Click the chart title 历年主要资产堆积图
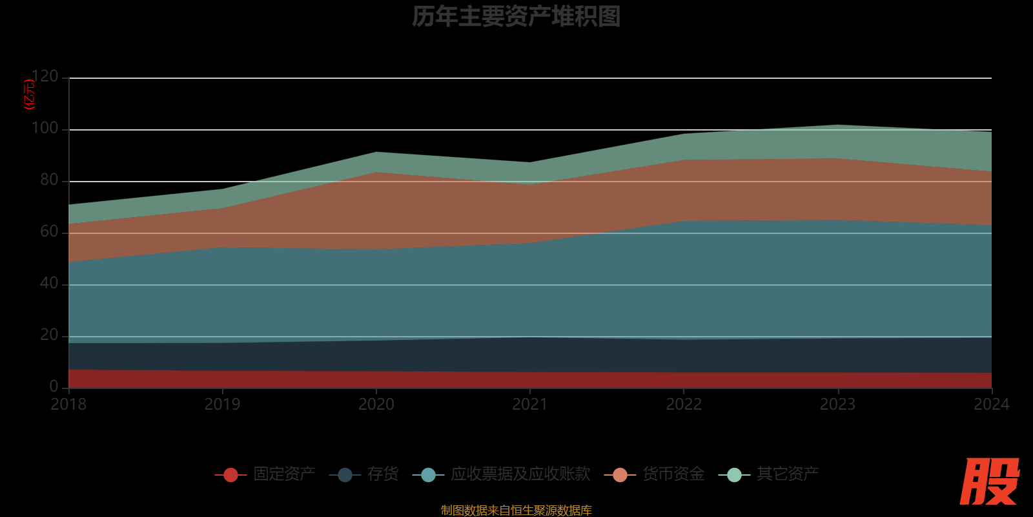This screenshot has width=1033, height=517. (x=516, y=17)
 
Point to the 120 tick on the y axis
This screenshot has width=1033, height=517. (x=45, y=77)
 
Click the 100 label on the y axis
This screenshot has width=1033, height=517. (x=45, y=129)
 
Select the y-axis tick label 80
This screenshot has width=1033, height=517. (x=48, y=180)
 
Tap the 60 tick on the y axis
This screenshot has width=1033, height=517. (x=48, y=232)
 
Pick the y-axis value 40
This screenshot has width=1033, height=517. (x=48, y=284)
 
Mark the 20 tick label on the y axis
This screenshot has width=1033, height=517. (x=48, y=335)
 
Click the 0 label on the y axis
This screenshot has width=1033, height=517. (x=54, y=386)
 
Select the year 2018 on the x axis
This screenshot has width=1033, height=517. (x=68, y=405)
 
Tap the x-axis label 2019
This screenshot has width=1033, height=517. (x=222, y=405)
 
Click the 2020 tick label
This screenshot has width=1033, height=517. (x=376, y=405)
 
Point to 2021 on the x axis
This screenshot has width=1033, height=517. (x=529, y=405)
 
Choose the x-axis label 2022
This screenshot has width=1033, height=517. (x=684, y=405)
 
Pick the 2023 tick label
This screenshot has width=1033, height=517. (x=837, y=405)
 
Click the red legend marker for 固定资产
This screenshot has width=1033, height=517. (x=230, y=475)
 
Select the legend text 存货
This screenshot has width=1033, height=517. (x=383, y=474)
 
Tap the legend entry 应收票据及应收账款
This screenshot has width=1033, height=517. (x=520, y=474)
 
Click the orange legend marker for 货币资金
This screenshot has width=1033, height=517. (x=620, y=475)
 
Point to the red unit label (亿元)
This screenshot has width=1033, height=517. (x=29, y=94)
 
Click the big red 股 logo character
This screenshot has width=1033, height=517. (x=989, y=481)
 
